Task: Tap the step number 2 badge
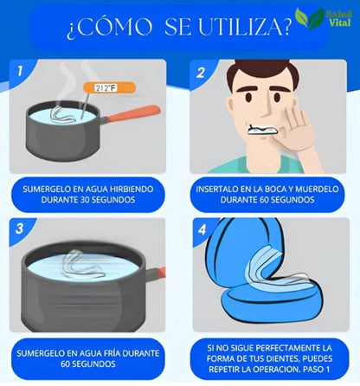[201, 74]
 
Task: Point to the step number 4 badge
[201, 230]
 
